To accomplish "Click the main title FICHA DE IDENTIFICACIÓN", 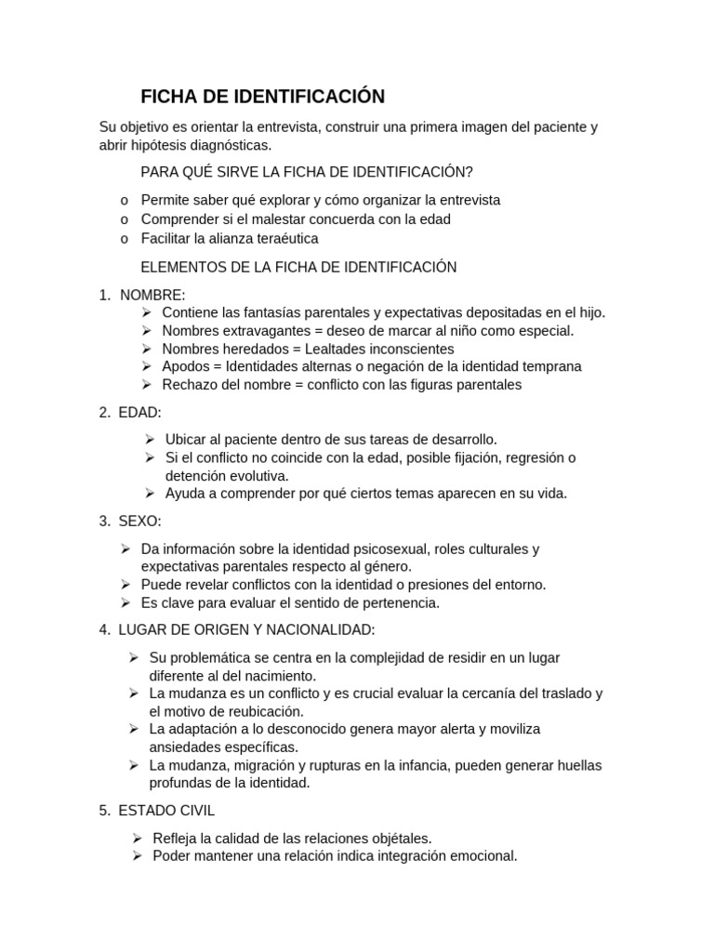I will (x=262, y=97).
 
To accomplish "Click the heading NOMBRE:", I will (x=152, y=295).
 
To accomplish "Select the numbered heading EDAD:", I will (x=140, y=412).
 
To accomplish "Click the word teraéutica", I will (x=284, y=239).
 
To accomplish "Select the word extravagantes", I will (x=261, y=331).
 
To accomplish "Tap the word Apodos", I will (x=185, y=366).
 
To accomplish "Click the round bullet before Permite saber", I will (x=124, y=200).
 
